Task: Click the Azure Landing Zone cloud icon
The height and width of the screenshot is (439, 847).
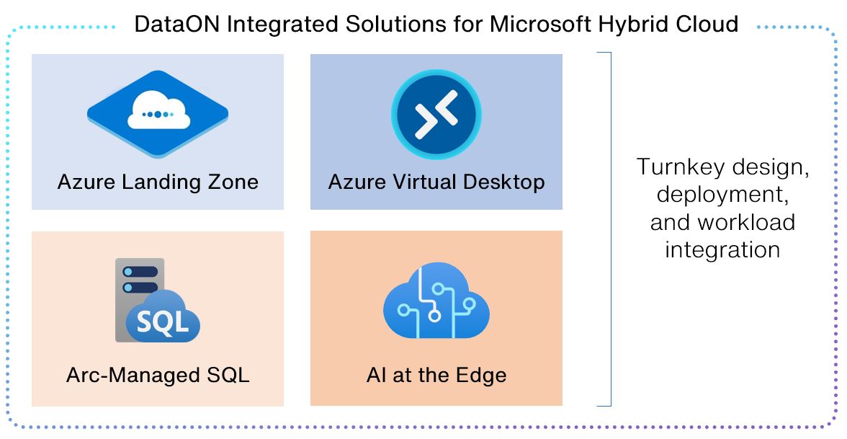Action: click(x=158, y=113)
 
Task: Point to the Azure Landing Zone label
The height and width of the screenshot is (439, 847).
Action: click(x=158, y=182)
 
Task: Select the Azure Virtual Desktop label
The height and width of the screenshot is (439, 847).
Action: click(x=436, y=182)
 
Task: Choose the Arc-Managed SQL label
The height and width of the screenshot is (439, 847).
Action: click(x=158, y=376)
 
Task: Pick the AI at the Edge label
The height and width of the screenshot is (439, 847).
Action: click(x=436, y=376)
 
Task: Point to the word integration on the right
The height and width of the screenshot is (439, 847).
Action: click(x=722, y=249)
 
